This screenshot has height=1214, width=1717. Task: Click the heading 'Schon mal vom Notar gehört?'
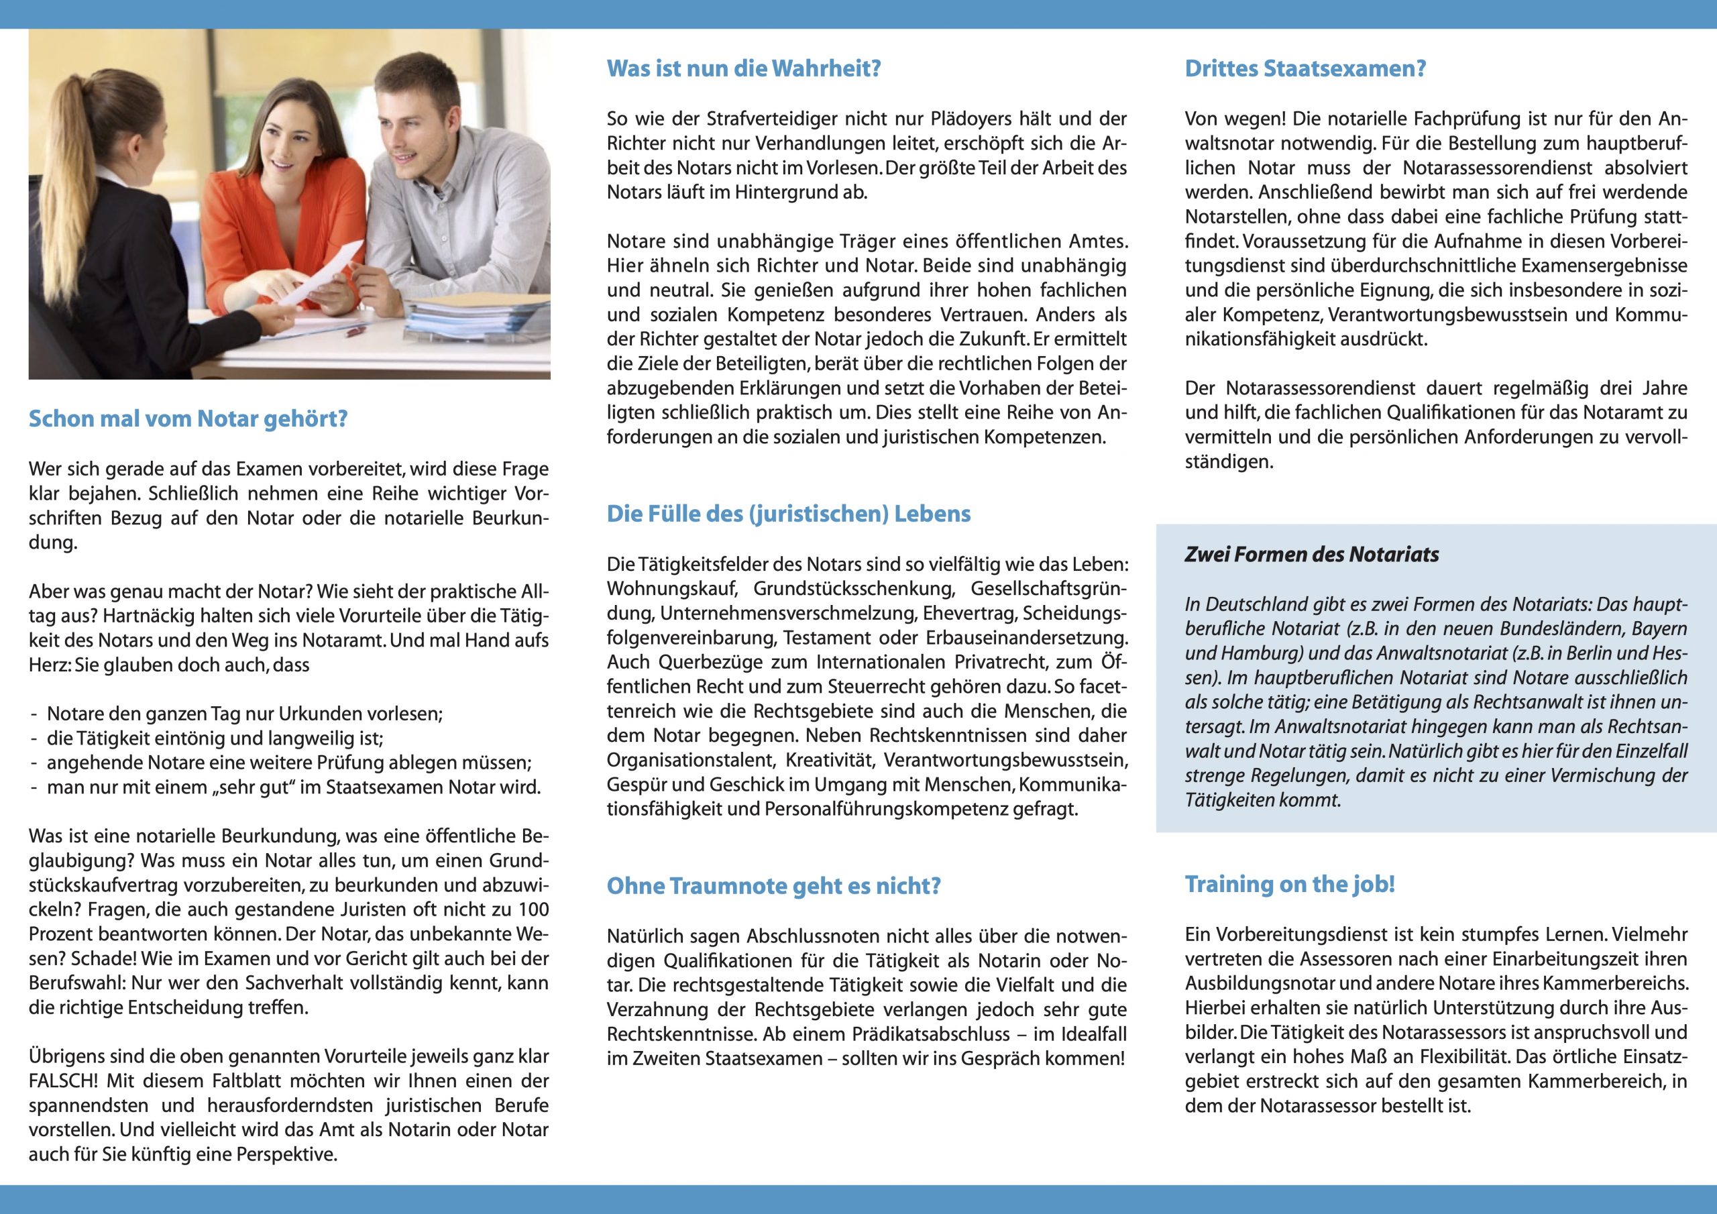pos(188,419)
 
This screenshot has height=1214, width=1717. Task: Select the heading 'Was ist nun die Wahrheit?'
pos(743,69)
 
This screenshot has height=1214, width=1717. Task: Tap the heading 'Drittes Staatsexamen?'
pos(1305,69)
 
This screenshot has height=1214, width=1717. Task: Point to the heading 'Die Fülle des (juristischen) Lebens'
pos(788,514)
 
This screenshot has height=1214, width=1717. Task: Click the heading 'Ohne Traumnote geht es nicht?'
pos(773,885)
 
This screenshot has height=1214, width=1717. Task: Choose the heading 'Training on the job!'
pos(1290,884)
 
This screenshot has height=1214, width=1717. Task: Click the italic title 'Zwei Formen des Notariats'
pos(1312,554)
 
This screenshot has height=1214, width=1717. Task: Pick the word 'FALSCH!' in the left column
pos(63,1081)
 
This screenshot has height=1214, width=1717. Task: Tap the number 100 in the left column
pos(534,909)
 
